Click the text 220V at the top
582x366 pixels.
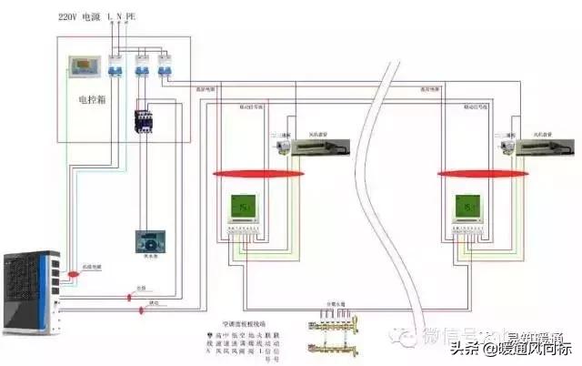69,16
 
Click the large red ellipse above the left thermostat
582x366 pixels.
246,173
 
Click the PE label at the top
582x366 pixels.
132,16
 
